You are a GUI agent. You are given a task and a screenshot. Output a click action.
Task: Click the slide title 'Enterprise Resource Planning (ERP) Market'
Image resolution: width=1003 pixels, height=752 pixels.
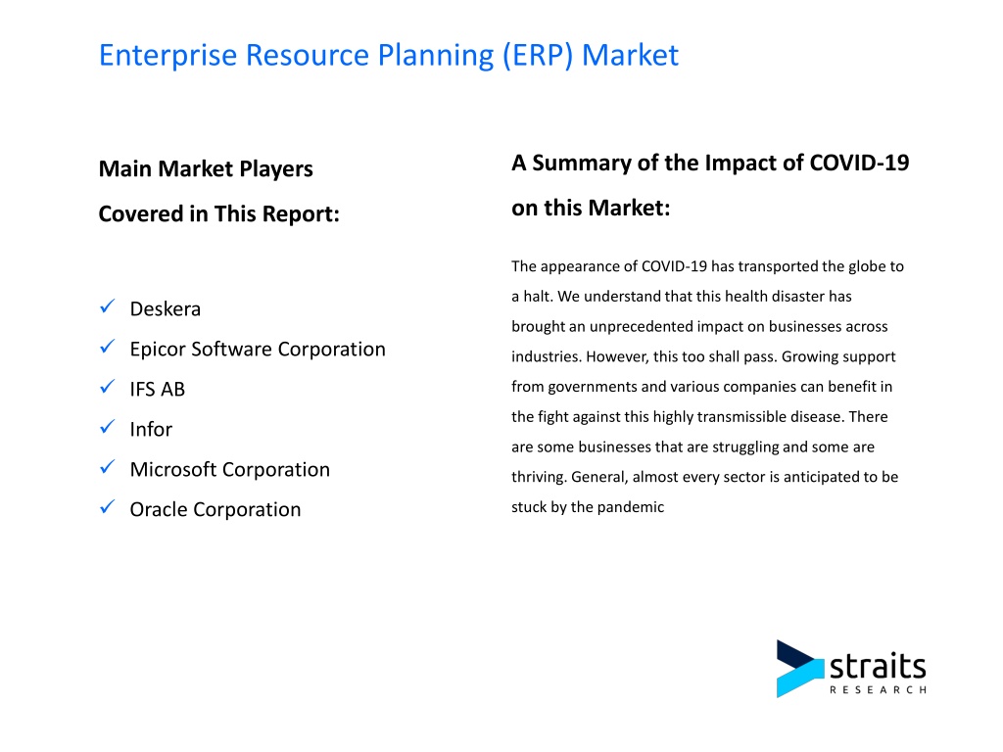[x=388, y=56]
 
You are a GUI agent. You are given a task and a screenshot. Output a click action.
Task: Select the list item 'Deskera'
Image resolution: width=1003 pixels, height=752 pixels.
[x=165, y=308]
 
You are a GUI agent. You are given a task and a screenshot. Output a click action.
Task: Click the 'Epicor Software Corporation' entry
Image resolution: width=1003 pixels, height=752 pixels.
[x=258, y=350]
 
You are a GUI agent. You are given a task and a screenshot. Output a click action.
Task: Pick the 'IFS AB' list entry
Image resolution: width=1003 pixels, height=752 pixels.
[x=158, y=389]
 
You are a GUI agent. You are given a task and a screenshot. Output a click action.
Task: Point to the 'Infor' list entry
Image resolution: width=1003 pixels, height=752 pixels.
[x=151, y=429]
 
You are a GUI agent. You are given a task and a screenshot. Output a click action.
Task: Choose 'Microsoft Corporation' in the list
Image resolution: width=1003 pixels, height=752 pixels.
[x=229, y=469]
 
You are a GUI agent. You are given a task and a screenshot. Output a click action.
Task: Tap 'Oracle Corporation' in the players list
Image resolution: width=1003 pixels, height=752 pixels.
[x=215, y=509]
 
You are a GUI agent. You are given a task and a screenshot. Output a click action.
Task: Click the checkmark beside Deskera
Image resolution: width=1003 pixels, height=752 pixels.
[x=108, y=306]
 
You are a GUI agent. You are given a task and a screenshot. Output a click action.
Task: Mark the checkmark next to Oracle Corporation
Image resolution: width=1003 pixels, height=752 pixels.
[x=108, y=507]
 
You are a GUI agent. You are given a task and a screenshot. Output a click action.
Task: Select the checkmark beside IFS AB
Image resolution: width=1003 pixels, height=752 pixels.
[x=108, y=387]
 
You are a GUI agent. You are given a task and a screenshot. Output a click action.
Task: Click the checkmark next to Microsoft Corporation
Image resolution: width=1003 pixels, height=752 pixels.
[x=108, y=467]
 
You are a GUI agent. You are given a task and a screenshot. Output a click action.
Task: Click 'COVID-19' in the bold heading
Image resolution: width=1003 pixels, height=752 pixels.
[x=859, y=164]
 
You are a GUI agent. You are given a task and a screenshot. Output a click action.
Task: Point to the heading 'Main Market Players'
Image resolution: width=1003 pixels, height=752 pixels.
[x=206, y=168]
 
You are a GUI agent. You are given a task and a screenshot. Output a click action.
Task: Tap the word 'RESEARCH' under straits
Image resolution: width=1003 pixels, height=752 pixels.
[x=878, y=690]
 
